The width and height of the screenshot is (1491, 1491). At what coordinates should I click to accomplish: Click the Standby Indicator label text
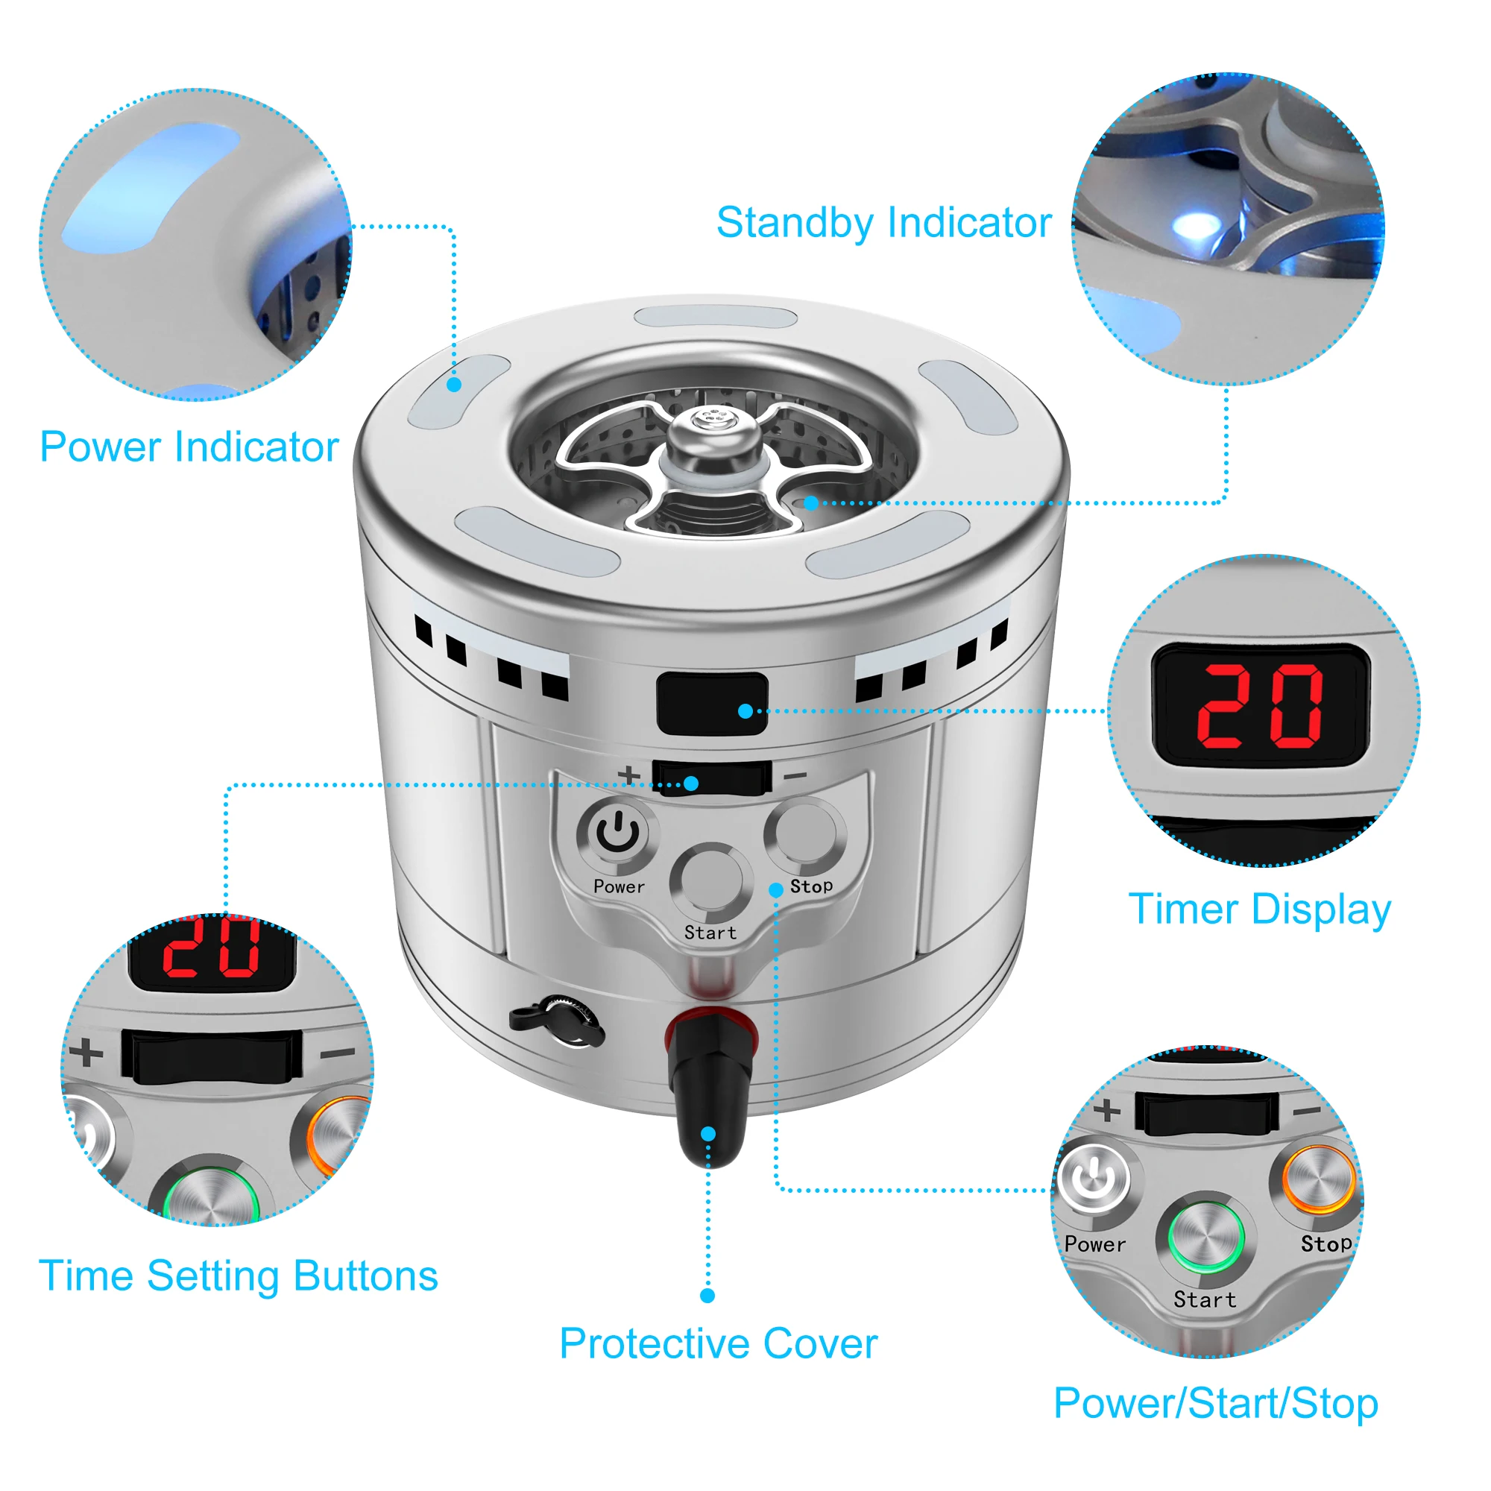point(883,222)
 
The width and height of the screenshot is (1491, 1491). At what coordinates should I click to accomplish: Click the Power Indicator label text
point(189,447)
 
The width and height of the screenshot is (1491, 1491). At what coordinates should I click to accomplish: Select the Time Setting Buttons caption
point(238,1275)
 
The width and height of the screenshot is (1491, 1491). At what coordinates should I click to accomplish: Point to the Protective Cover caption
point(718,1343)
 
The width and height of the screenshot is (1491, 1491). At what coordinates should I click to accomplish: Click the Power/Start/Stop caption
point(1215,1402)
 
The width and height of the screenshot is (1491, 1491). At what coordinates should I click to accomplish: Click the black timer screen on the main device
point(711,702)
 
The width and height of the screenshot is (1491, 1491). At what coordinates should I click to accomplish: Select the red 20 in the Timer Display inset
point(1259,705)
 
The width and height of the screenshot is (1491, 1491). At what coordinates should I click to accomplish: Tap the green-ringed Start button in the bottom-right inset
point(1205,1237)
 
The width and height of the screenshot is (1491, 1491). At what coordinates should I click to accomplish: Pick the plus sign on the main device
point(629,774)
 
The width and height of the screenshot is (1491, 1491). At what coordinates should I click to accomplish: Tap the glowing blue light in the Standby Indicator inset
point(1197,225)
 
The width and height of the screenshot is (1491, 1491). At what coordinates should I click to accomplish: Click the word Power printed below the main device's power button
point(619,886)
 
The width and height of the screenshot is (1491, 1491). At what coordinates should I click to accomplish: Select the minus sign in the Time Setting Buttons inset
point(337,1052)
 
